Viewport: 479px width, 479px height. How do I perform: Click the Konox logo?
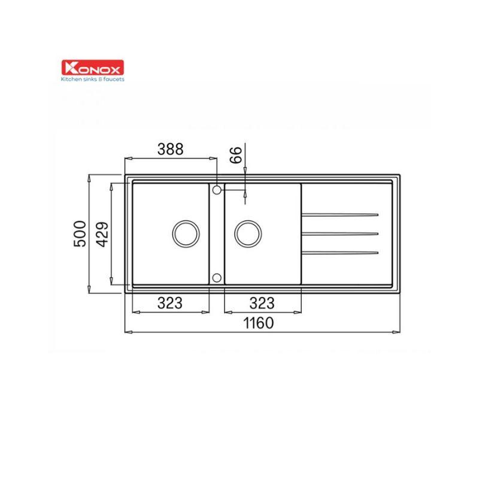point(93,68)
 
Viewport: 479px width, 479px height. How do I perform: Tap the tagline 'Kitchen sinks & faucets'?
point(93,79)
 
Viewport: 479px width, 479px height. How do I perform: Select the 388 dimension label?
point(171,149)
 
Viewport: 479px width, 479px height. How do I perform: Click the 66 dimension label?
point(236,155)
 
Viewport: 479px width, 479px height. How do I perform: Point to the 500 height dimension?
point(80,234)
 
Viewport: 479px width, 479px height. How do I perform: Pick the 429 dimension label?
point(102,234)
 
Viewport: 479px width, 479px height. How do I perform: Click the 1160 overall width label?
point(259,323)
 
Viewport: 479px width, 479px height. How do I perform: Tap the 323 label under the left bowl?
point(170,303)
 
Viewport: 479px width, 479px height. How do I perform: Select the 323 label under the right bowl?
point(262,303)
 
